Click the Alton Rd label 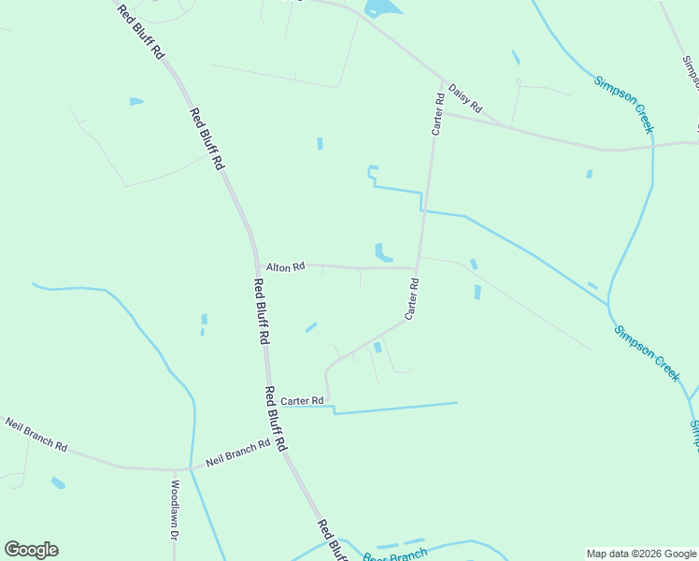285,266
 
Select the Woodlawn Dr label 175,511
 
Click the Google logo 31,550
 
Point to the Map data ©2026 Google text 641,554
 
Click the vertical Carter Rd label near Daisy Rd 436,114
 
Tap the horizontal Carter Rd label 302,401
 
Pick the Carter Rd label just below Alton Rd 409,299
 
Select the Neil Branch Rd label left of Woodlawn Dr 36,435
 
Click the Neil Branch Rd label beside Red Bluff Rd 237,453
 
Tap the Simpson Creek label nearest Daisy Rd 623,106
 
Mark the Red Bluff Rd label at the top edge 141,32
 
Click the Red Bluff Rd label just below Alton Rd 262,311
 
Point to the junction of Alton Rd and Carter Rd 416,267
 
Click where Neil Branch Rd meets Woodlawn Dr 175,469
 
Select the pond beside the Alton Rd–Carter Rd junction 382,252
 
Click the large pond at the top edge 383,8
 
